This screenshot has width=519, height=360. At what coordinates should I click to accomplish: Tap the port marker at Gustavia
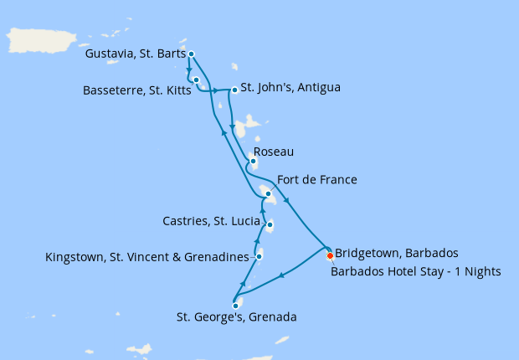192,54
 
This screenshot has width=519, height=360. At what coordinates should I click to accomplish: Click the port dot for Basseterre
196,80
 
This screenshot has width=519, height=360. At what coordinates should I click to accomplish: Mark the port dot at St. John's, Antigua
234,90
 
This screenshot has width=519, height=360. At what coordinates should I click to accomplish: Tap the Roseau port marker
253,162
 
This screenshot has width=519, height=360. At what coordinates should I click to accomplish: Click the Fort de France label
317,180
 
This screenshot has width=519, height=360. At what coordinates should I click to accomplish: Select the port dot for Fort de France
268,194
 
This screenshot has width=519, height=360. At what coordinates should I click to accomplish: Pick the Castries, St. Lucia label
212,221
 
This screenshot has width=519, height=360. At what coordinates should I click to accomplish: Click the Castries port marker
269,224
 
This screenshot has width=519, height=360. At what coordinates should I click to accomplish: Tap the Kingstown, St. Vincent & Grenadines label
148,256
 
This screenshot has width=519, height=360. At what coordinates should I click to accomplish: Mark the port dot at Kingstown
259,256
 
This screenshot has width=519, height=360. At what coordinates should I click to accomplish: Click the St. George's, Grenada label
237,317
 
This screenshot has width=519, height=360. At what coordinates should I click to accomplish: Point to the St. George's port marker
236,306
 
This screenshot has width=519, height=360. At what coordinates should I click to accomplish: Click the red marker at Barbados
330,255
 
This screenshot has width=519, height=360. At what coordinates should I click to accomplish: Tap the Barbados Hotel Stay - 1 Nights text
415,270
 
